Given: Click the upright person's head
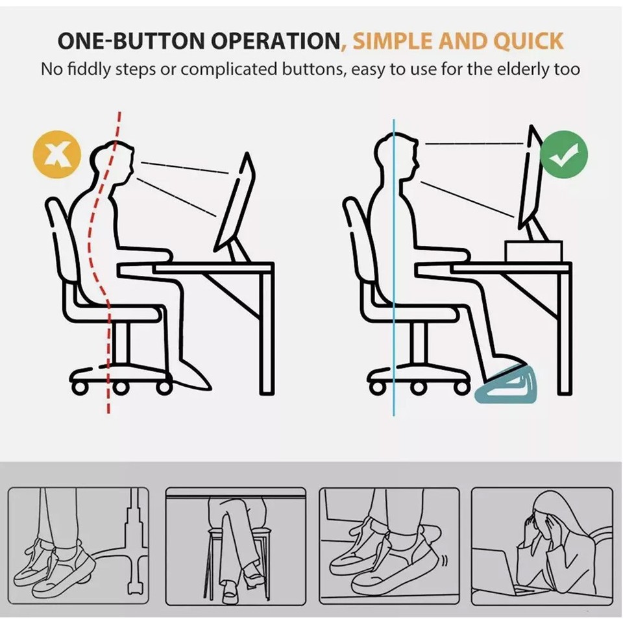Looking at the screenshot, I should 397,156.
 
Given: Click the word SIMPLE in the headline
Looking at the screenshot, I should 391,42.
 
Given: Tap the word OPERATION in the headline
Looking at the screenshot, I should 277,42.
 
